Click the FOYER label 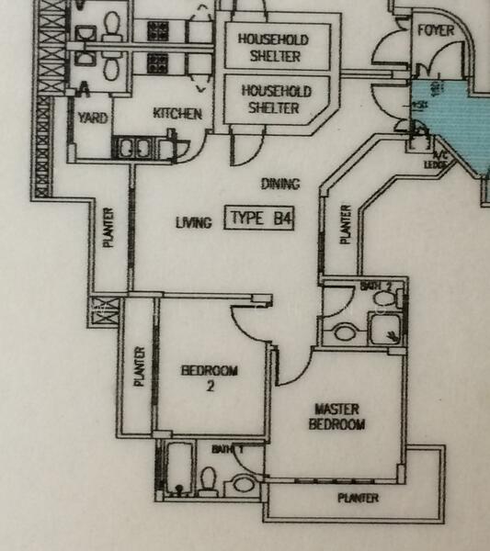pyautogui.click(x=436, y=29)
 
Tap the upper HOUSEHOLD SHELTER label pyautogui.click(x=273, y=47)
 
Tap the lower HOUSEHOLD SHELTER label pyautogui.click(x=276, y=99)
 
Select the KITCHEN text pyautogui.click(x=177, y=114)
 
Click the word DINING pyautogui.click(x=279, y=184)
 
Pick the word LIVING pyautogui.click(x=193, y=221)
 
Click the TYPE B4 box pyautogui.click(x=260, y=219)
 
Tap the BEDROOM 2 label pyautogui.click(x=210, y=377)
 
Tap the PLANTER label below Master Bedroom pyautogui.click(x=358, y=498)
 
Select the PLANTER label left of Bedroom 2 pyautogui.click(x=140, y=366)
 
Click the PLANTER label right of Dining pyautogui.click(x=347, y=223)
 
